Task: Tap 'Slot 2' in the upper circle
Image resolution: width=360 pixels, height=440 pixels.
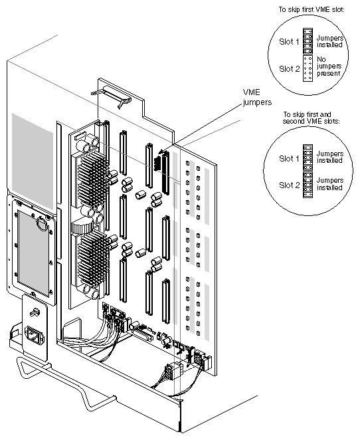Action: point(289,68)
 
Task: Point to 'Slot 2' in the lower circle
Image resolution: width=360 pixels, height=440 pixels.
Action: point(289,184)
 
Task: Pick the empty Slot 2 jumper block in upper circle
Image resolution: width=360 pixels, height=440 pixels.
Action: point(308,68)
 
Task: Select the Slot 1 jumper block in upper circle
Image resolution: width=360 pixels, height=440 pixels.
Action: point(308,41)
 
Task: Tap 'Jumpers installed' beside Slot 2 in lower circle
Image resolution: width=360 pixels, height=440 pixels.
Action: point(330,184)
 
